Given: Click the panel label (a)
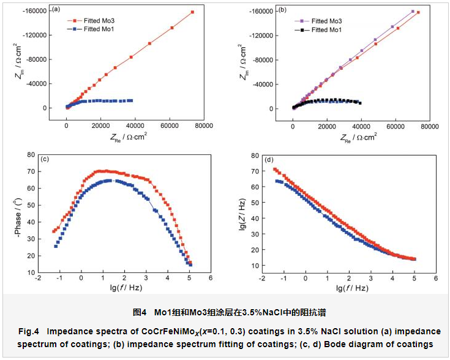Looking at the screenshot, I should [56, 9].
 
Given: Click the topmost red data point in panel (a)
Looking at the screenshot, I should [192, 12].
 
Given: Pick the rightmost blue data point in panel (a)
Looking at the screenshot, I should [131, 100].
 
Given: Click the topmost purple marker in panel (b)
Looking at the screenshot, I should [413, 11].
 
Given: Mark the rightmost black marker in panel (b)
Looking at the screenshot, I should [360, 103].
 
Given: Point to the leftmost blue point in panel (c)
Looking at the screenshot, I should [56, 246].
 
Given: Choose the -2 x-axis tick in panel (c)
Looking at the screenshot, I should [39, 277].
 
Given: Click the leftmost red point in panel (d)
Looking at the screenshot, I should [275, 169].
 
